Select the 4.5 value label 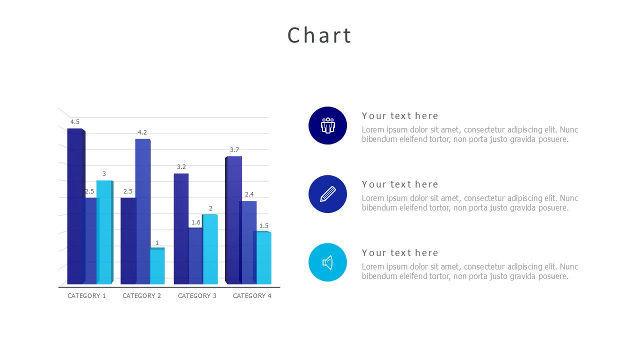(x=74, y=122)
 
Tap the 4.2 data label (x=142, y=132)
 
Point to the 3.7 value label (x=234, y=150)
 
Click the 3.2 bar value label (x=181, y=167)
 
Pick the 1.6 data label (x=195, y=222)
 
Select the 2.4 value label (x=249, y=194)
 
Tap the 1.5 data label (x=263, y=226)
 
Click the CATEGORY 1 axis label (x=86, y=296)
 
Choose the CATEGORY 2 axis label (x=141, y=296)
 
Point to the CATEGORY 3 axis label (x=197, y=296)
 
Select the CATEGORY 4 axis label (x=252, y=296)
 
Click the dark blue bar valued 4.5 (x=75, y=205)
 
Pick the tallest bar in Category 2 (x=142, y=210)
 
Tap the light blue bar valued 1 (x=157, y=266)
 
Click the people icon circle (x=327, y=125)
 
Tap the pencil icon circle (x=327, y=194)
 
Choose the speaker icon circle (x=327, y=262)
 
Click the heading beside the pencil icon (x=400, y=184)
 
